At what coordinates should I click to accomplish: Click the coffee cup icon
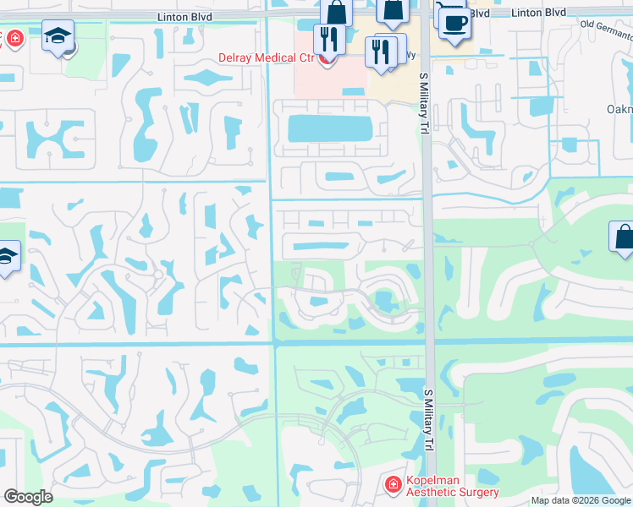tap(454, 23)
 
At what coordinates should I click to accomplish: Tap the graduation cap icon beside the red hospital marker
tap(58, 36)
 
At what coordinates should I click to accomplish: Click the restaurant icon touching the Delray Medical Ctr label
tap(328, 39)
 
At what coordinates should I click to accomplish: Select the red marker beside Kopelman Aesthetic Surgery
tap(393, 485)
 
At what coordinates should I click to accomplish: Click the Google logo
tap(28, 497)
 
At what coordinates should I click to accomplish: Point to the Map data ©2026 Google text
tap(581, 500)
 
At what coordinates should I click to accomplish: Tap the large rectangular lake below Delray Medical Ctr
tap(330, 128)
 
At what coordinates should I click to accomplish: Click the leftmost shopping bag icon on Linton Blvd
tap(336, 13)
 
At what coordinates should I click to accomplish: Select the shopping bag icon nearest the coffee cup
tap(394, 11)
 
